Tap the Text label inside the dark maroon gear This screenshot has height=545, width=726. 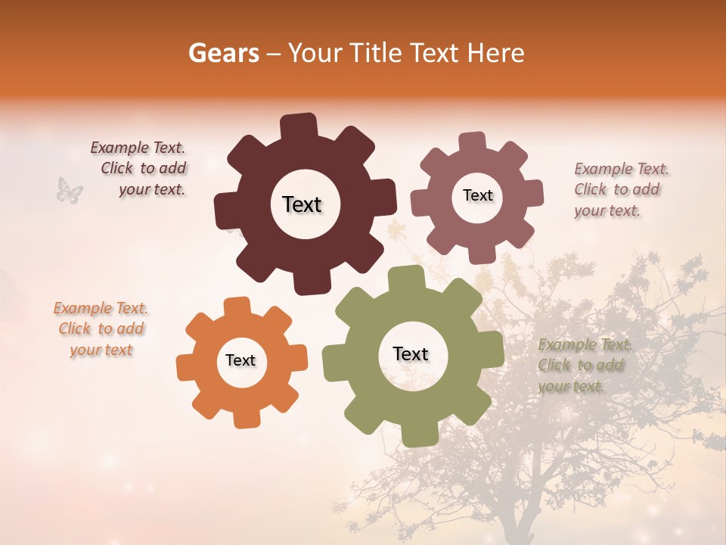point(302,204)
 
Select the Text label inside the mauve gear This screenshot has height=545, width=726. point(477,195)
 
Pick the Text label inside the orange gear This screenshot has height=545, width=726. point(240,360)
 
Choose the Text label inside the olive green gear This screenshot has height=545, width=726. point(411,353)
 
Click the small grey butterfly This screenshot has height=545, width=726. point(70,190)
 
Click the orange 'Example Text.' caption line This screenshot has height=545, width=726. point(101,308)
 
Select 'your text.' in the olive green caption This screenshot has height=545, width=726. point(571,386)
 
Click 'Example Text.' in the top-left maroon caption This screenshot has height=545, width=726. point(138,148)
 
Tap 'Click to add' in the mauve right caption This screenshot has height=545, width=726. point(616,189)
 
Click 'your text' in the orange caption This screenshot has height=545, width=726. point(101,350)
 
